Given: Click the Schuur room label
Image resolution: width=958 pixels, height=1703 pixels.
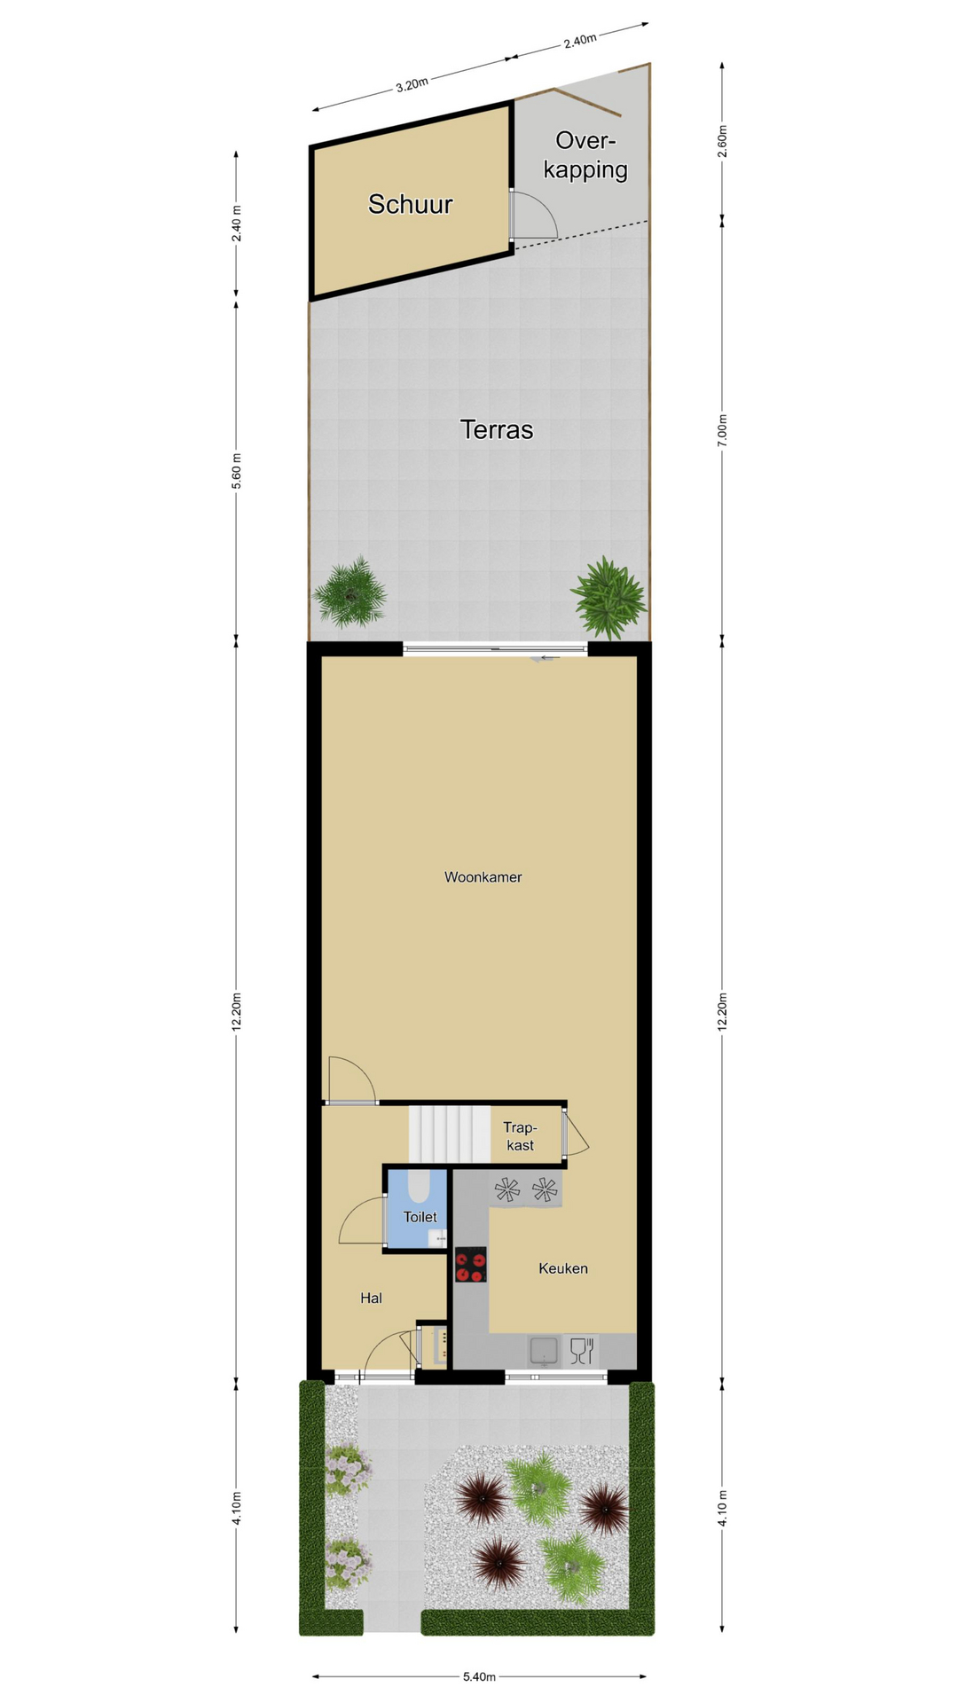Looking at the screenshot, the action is (411, 205).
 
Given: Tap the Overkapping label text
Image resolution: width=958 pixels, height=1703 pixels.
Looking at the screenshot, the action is (585, 155).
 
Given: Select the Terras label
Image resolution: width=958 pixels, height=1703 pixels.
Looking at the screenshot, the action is (497, 430).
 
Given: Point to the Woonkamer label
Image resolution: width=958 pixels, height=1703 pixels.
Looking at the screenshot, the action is (483, 877).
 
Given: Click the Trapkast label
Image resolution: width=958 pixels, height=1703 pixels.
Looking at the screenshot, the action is (521, 1136).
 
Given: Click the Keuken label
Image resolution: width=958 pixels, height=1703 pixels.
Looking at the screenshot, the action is (563, 1268).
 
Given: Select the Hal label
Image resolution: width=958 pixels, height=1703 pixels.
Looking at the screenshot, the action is (371, 1298).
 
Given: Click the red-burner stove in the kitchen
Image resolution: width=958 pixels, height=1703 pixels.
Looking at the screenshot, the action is (471, 1265).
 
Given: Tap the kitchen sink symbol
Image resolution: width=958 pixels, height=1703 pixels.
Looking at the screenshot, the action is (544, 1351).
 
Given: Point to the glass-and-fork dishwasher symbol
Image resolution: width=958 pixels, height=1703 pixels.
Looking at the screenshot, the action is (582, 1351).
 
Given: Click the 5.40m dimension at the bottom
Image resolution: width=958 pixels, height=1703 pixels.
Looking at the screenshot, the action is (479, 1676).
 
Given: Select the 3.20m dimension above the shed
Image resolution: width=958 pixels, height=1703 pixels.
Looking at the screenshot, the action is (412, 85).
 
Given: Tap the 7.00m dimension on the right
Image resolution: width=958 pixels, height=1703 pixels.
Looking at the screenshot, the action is (723, 430).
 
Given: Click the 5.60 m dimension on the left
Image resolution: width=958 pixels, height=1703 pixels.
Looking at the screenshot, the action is (237, 470).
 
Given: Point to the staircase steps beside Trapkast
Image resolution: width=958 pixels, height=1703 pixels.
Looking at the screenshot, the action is (450, 1134).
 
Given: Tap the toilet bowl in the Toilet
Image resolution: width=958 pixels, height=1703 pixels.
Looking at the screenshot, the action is (417, 1184).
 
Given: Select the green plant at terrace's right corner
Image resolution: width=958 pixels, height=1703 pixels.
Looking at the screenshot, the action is (609, 596).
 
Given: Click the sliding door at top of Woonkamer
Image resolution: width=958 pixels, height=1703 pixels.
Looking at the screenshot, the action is (495, 650).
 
